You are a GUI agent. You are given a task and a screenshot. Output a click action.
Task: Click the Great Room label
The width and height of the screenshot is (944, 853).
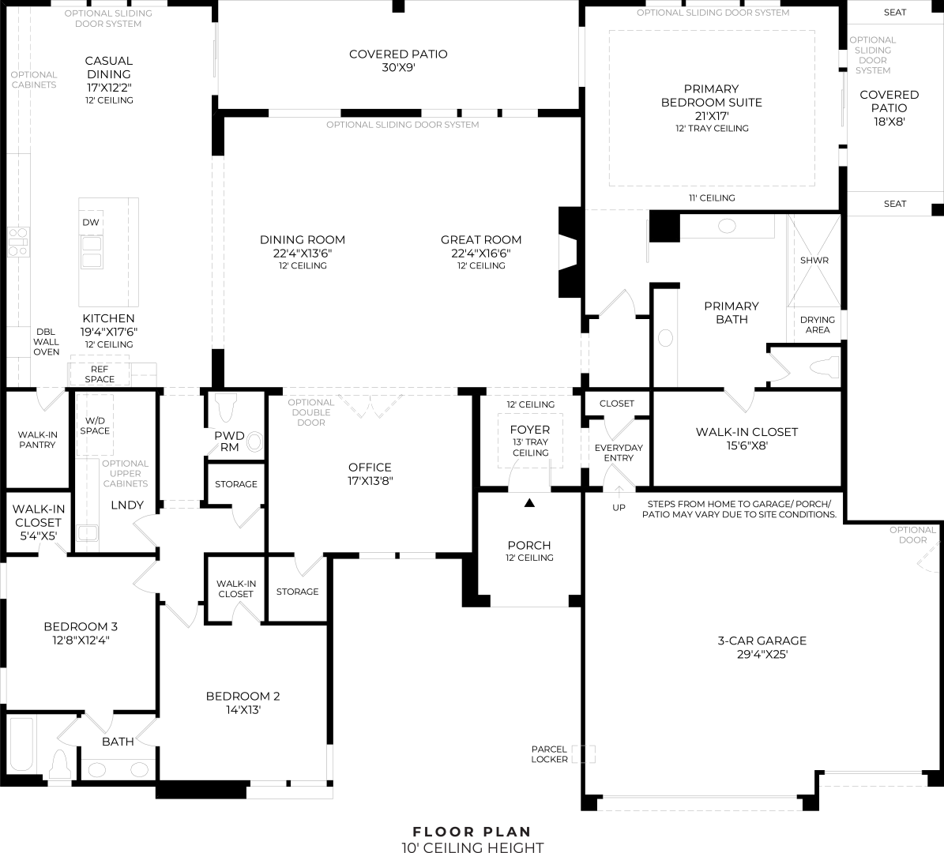pos(481,239)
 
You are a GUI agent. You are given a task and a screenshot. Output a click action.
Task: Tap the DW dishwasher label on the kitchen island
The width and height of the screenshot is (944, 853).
pos(91,222)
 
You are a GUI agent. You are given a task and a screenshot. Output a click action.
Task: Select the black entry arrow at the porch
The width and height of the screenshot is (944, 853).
pos(529,502)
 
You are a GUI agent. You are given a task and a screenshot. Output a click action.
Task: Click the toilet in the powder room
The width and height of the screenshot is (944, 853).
pos(227,408)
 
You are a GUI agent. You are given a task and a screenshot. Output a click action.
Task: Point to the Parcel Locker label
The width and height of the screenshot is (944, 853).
pos(549,754)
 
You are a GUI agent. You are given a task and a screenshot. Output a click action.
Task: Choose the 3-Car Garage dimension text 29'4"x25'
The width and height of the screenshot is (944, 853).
pos(762,654)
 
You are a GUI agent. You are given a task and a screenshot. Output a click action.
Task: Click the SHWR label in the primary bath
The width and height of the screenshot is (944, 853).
pos(814,260)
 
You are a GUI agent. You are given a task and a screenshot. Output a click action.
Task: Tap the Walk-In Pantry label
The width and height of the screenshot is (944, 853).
pos(36,439)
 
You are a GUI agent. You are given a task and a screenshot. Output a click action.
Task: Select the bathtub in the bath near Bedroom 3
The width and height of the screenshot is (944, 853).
pos(21,744)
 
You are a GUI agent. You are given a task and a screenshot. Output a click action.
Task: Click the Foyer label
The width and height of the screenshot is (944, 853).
pos(530,430)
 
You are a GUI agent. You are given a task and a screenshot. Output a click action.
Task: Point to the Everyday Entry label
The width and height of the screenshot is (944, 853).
pos(619,453)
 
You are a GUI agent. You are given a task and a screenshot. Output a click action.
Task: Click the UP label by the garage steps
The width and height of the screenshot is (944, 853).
pos(619,508)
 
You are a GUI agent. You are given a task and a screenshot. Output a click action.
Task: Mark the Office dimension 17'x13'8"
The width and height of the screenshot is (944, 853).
pos(370,481)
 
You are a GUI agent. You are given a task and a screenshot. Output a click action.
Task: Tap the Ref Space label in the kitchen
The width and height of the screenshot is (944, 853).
pos(100,374)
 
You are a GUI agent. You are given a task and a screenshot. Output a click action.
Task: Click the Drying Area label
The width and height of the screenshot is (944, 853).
pos(817,325)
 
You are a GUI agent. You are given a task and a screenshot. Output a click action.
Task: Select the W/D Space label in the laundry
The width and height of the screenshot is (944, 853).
pos(95,426)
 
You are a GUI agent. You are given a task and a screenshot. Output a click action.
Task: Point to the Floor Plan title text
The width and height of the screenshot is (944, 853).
pos(472,832)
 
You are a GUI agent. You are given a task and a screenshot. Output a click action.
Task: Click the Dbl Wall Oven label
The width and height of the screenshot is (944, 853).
pos(46,342)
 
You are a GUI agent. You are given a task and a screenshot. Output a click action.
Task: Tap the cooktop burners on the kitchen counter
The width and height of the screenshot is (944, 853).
pos(18,242)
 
